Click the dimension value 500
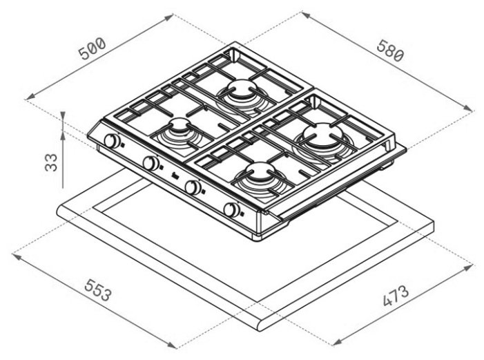93,49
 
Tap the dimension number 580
390,50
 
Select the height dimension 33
51,162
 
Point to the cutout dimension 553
97,290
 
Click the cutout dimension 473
396,296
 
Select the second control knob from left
151,163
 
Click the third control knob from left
193,187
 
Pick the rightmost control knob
231,209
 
